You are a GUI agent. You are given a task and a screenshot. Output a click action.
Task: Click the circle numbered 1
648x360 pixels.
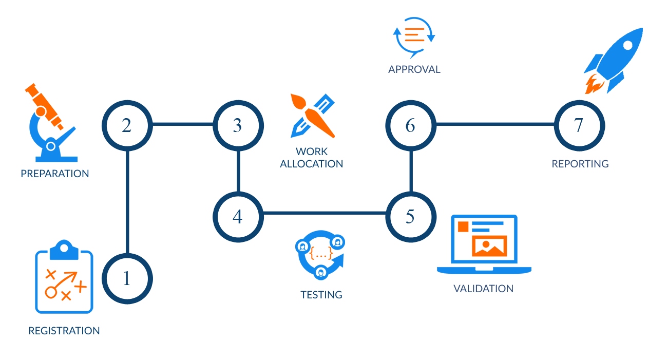(127, 278)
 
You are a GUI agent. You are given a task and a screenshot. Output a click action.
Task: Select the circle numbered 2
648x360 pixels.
(127, 125)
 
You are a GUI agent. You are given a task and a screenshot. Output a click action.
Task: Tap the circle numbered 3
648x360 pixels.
(238, 125)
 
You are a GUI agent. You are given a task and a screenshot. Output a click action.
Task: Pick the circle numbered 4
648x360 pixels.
(238, 217)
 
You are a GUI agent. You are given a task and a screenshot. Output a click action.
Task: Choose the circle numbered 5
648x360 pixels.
(410, 217)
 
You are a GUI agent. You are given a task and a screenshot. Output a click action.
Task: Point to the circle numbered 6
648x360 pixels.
(410, 125)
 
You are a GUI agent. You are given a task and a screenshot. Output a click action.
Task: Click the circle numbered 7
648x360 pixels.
(579, 125)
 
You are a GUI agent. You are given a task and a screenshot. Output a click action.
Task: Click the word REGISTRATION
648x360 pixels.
(64, 331)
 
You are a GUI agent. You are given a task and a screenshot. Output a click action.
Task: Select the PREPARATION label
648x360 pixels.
(55, 174)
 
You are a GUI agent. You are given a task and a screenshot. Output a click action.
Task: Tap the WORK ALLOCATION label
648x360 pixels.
(312, 158)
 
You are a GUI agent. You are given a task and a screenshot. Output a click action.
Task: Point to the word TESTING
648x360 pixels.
(321, 295)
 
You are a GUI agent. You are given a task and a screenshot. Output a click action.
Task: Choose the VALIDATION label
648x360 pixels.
(484, 289)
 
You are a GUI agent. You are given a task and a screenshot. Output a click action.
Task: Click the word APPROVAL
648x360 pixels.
(414, 69)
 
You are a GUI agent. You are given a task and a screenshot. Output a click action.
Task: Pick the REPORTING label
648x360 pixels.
(580, 164)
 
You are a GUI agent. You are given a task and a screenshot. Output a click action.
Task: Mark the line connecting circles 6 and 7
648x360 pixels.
(495, 124)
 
